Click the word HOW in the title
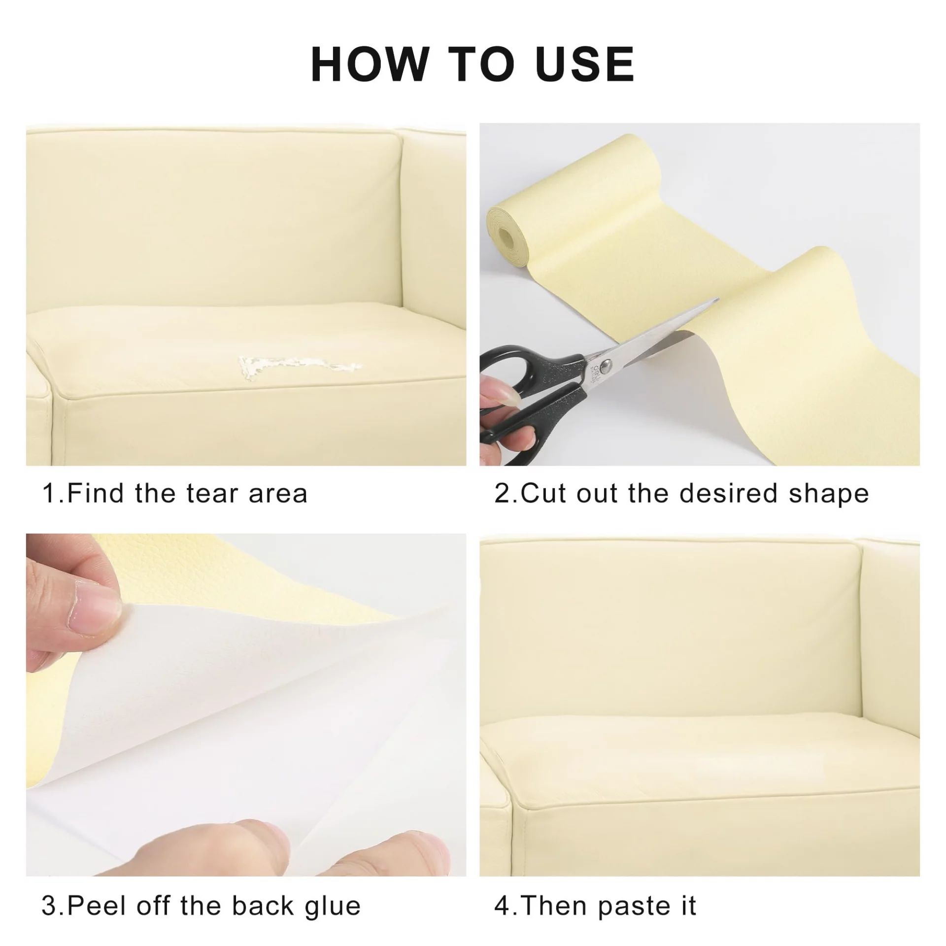point(369,64)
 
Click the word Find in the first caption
point(95,493)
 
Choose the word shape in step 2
point(829,495)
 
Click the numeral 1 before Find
point(49,493)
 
